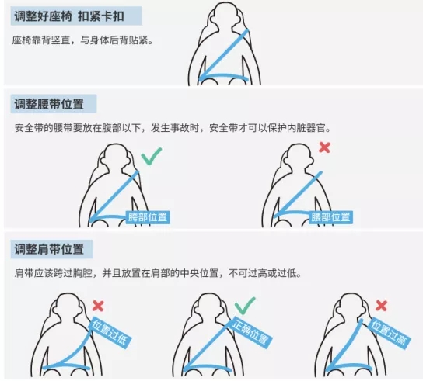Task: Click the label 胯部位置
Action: pos(148,217)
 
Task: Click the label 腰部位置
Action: pos(330,217)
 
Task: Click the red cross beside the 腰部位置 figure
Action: pos(324,147)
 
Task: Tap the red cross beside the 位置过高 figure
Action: pos(382,306)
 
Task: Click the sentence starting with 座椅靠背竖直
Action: pos(82,40)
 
